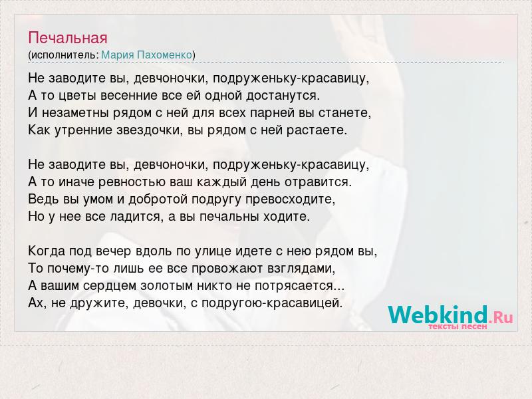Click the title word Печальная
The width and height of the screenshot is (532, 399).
(68, 39)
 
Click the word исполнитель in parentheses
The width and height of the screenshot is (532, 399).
(64, 55)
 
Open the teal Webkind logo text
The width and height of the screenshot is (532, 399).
(438, 314)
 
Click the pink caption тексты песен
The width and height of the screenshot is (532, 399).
(458, 327)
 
